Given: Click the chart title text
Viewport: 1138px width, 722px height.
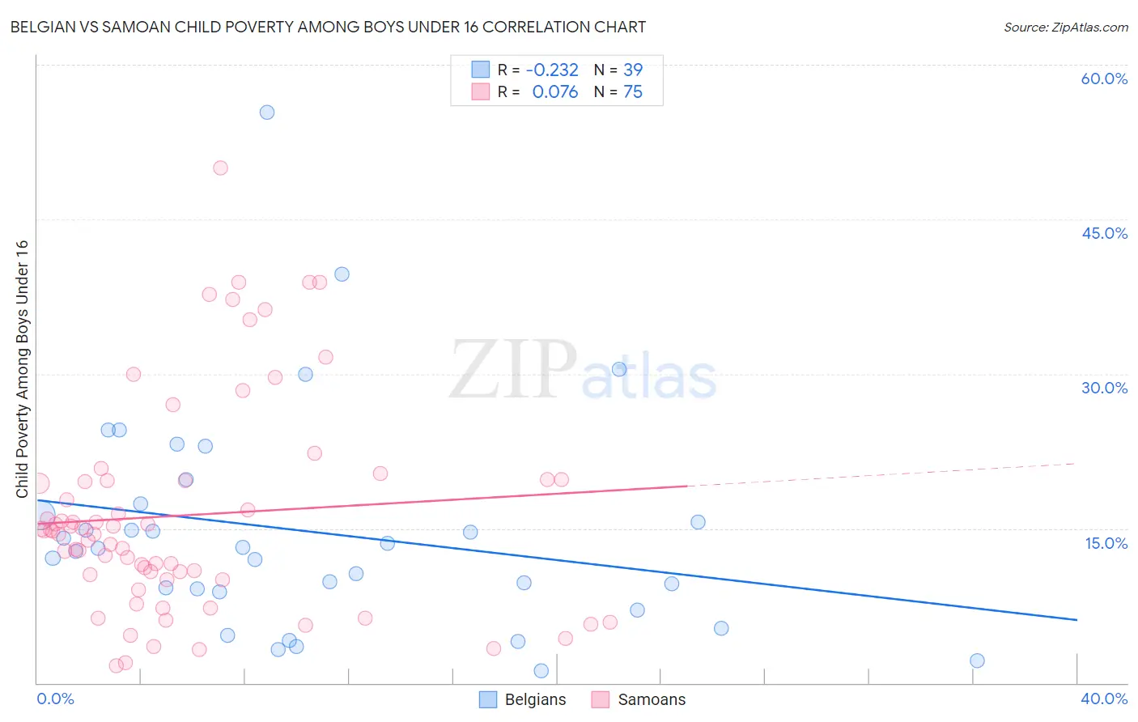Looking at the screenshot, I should [328, 27].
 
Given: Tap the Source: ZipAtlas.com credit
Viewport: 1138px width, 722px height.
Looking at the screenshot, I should [1065, 27].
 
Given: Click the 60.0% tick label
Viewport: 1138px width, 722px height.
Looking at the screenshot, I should [1104, 79].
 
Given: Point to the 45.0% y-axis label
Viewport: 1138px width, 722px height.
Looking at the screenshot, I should [1104, 233].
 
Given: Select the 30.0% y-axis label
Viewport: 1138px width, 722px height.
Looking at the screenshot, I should [1104, 388].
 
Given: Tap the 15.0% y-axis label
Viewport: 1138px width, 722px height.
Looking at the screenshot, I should [1106, 543].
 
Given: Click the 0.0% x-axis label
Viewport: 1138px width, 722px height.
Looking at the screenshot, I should [55, 699].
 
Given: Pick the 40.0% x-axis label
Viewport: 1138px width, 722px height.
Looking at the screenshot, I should [1104, 699].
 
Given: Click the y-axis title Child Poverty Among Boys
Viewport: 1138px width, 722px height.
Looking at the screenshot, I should [22, 368].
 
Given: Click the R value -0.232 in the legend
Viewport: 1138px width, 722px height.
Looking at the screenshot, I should [552, 70].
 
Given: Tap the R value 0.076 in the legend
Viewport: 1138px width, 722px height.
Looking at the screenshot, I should [554, 92].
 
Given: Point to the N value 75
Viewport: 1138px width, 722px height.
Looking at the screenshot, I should [632, 92].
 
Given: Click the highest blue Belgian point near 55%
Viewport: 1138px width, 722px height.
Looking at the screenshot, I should [267, 113].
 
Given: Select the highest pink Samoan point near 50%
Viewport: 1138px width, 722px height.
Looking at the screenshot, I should [220, 168].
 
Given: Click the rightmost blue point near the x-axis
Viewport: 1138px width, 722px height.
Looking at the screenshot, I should [977, 660].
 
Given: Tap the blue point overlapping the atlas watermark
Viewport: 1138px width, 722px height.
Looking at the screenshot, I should [619, 369].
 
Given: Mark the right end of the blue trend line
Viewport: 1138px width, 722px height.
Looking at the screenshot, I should [1076, 619].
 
